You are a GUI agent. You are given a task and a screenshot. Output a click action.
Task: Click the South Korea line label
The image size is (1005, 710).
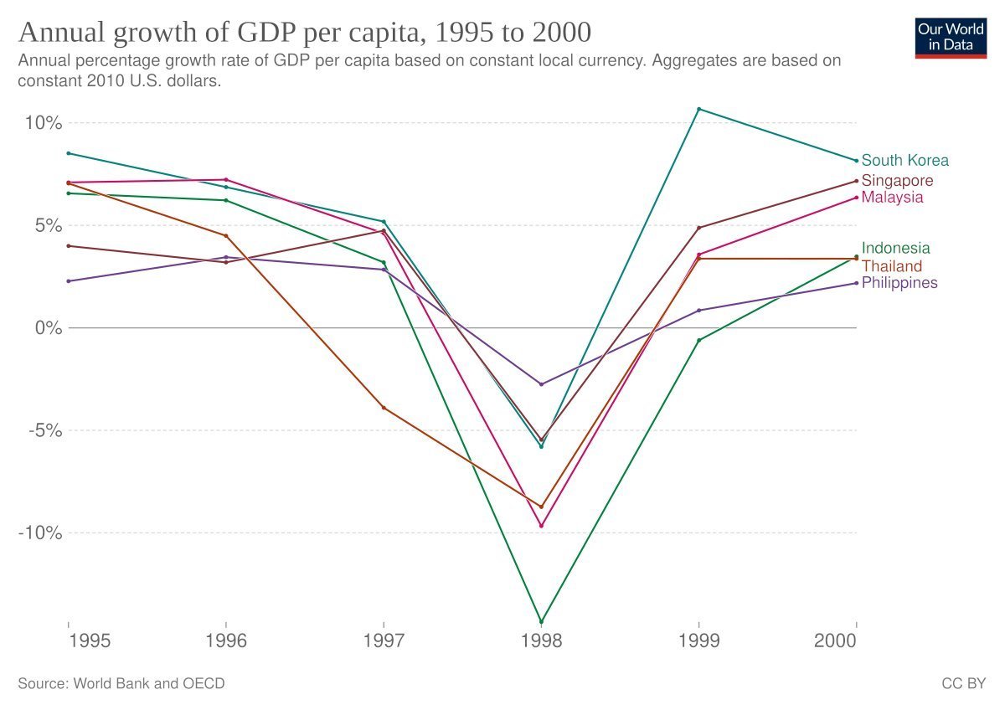coord(904,161)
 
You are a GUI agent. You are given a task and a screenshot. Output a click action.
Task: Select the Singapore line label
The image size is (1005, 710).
coord(897,181)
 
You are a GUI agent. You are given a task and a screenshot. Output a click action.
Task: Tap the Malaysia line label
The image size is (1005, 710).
coord(892,198)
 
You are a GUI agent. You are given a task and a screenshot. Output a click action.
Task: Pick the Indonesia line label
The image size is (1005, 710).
coord(895,248)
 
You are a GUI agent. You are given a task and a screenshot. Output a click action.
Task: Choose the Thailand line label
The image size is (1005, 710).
coord(891,266)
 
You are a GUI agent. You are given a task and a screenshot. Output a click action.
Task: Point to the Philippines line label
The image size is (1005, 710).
coord(899,283)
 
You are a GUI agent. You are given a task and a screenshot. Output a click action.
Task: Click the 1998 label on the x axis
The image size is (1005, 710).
coord(541,641)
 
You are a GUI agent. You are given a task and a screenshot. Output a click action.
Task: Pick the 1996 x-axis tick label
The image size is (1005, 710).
coord(225,641)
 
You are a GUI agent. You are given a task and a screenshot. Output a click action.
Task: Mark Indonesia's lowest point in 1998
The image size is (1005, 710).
coord(541,622)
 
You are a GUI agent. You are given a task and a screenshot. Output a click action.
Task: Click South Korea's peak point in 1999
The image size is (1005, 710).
coord(698,110)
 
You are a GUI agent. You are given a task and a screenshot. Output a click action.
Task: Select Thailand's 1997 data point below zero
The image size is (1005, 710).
coord(384,408)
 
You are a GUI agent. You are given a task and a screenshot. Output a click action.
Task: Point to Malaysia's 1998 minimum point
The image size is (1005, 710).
coord(541,526)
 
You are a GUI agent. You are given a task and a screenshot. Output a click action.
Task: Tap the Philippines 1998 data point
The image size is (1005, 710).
coord(541,384)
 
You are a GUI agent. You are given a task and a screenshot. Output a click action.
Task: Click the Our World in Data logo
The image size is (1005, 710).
coord(951,35)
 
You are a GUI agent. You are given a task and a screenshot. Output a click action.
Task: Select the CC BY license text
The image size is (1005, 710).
coord(963,684)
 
